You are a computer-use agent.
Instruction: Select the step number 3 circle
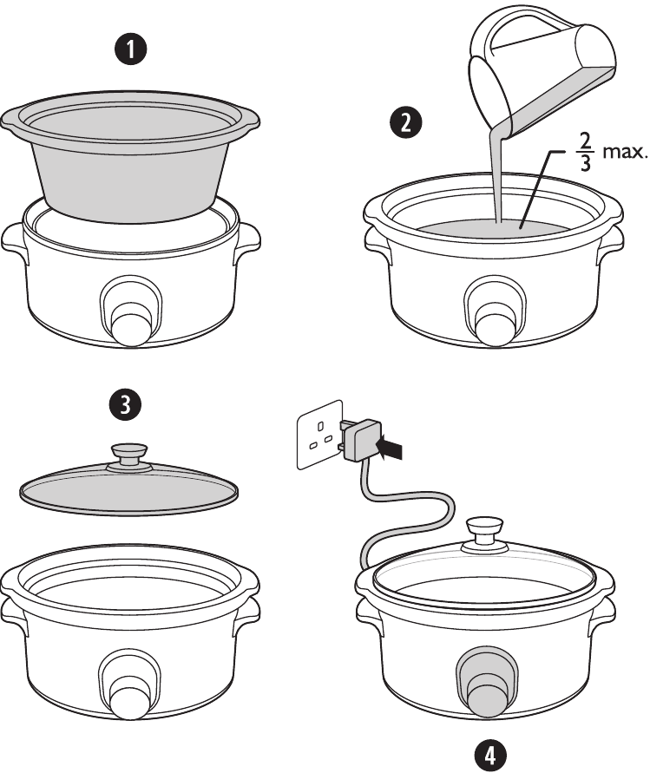point(127,404)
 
